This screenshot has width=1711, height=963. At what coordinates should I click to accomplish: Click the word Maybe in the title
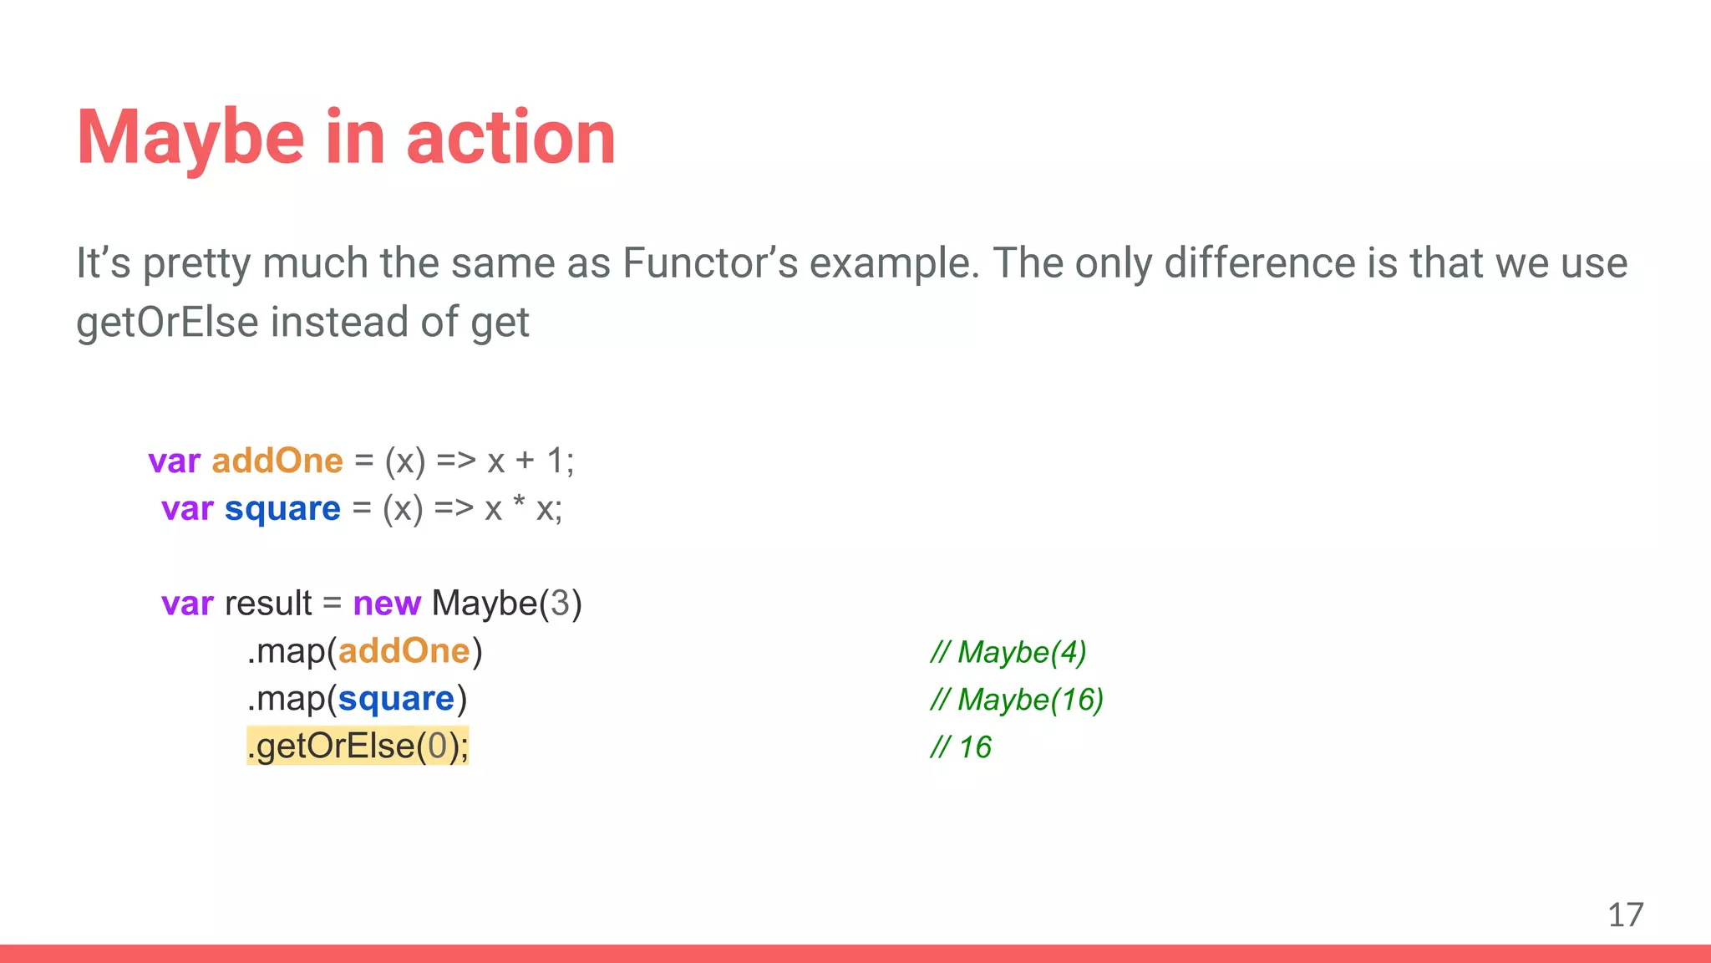pyautogui.click(x=190, y=138)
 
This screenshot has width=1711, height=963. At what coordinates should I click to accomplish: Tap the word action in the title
pyautogui.click(x=510, y=138)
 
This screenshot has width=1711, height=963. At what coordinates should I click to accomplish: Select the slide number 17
pyautogui.click(x=1625, y=915)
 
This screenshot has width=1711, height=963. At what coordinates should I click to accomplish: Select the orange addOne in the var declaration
pyautogui.click(x=277, y=461)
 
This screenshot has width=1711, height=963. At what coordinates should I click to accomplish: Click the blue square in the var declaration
pyautogui.click(x=282, y=508)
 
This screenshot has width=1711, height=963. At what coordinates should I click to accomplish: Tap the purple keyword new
pyautogui.click(x=386, y=603)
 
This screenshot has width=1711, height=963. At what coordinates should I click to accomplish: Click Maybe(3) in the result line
pyautogui.click(x=506, y=603)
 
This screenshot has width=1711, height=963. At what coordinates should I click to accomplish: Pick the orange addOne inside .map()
pyautogui.click(x=404, y=651)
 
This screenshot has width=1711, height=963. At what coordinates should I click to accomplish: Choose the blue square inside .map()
pyautogui.click(x=396, y=699)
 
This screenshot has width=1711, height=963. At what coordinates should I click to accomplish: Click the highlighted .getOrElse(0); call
pyautogui.click(x=358, y=746)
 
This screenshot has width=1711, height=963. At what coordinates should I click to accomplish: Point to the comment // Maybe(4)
pyautogui.click(x=1008, y=652)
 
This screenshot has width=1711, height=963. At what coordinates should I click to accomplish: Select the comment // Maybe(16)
pyautogui.click(x=1017, y=700)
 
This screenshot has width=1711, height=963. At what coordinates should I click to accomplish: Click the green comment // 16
pyautogui.click(x=961, y=747)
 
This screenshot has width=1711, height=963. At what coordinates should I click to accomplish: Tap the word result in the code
pyautogui.click(x=267, y=603)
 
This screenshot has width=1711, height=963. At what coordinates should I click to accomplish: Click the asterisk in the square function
pyautogui.click(x=519, y=503)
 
